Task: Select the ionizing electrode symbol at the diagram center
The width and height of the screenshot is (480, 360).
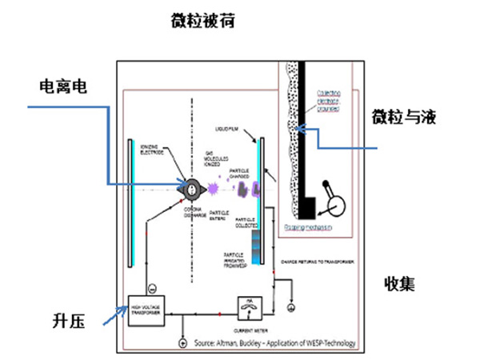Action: (193, 188)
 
